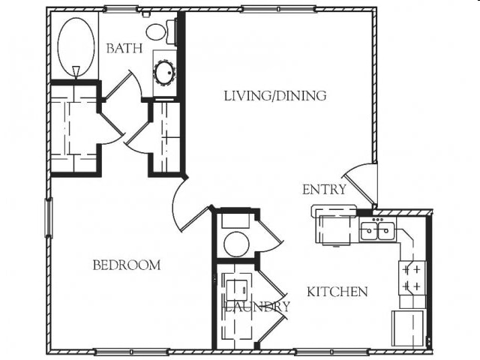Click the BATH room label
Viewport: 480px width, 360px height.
tap(124, 48)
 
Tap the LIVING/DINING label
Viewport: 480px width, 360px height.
tap(275, 96)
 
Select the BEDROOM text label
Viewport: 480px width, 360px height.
tap(127, 265)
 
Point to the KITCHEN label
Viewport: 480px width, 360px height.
tap(337, 292)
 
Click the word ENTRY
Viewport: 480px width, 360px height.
tap(324, 190)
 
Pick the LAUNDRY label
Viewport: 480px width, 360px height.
tap(257, 307)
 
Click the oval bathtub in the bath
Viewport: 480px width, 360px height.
tap(76, 46)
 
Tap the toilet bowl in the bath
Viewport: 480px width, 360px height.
tap(156, 31)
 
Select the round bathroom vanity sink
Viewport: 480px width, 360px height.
tap(165, 72)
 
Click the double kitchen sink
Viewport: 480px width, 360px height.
tap(378, 231)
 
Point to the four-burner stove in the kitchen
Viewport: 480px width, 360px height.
tap(412, 278)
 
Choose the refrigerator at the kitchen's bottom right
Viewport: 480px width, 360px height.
tap(408, 328)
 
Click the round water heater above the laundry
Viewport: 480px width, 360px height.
tap(236, 244)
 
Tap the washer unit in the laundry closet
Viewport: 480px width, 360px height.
tap(237, 290)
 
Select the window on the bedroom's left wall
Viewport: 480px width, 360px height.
tap(49, 217)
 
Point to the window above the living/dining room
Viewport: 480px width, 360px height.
tap(278, 9)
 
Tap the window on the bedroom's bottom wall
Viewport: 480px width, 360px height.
tap(131, 352)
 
